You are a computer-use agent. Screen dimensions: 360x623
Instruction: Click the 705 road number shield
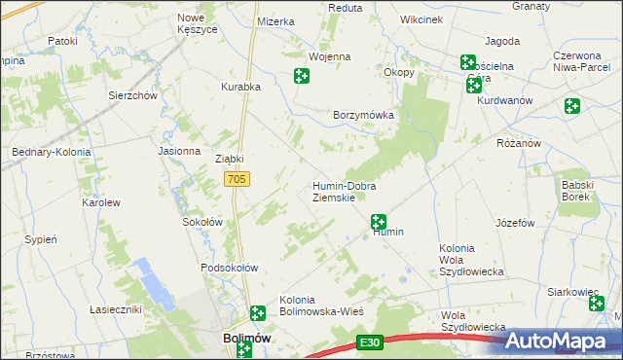pos(238,180)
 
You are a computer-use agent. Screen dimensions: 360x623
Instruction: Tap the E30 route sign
pos(368,342)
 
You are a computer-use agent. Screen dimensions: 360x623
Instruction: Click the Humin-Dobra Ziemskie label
pos(344,192)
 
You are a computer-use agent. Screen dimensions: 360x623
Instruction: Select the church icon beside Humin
pos(379,222)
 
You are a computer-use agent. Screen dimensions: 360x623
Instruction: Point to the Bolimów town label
pos(239,338)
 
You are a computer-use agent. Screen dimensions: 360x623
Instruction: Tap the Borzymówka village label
pos(363,115)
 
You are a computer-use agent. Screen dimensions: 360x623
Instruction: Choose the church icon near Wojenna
pos(302,76)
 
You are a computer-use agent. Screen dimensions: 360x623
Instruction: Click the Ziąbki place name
pos(229,159)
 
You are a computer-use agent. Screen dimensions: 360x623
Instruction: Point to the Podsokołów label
pos(228,268)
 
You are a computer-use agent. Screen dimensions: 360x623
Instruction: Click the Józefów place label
pos(515,223)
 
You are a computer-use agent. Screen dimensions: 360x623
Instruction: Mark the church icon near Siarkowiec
pos(597,305)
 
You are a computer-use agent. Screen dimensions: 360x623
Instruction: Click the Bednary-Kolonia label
pos(50,152)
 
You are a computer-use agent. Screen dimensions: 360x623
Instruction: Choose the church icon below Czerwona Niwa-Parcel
pos(571,106)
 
